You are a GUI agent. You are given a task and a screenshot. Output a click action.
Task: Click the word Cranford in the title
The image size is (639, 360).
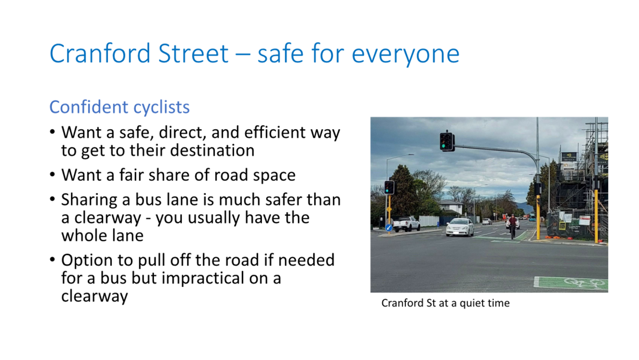click(100, 53)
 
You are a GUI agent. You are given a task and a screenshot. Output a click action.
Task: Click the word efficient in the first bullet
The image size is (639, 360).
click(275, 132)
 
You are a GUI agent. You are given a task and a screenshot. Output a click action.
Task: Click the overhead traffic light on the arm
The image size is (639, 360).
click(446, 141)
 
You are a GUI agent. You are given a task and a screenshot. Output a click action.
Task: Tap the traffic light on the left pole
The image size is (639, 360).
click(389, 187)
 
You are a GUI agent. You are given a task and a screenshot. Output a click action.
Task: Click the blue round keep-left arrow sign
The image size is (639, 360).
click(389, 228)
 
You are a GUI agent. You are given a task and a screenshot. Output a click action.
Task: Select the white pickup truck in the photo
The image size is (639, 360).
click(406, 224)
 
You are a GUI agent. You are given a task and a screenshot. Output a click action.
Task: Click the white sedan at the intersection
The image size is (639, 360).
click(459, 227)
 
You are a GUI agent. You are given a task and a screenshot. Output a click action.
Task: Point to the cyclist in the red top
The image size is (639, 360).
click(512, 225)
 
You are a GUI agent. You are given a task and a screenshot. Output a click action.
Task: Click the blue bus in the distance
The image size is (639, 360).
click(532, 219)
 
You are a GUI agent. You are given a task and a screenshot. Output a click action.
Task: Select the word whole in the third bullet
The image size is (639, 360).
click(84, 236)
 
